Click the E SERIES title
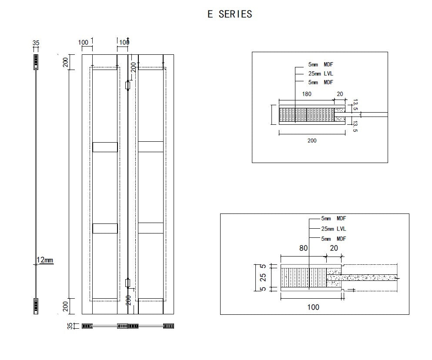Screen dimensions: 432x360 [230, 14]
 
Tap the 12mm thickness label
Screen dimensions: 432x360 [45, 260]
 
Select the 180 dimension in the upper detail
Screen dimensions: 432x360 [307, 94]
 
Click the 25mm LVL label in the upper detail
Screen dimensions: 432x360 [321, 73]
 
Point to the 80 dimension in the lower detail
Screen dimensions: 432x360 [303, 248]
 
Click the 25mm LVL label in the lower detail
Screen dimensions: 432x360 [333, 229]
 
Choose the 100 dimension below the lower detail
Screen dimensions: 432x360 [313, 307]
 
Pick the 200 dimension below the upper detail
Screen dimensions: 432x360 [312, 140]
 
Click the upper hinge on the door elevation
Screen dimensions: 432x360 [127, 85]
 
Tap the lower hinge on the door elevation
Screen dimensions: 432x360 [127, 283]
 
